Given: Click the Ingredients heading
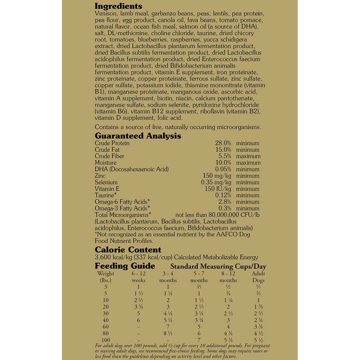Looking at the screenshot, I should pos(118,6).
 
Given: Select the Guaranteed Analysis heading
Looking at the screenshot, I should pos(138,136).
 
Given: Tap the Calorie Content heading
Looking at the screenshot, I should pos(128,250).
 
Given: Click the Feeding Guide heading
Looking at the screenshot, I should pos(125,266).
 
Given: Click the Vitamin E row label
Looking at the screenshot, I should pos(107,189).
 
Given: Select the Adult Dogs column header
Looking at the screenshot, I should pos(258,277).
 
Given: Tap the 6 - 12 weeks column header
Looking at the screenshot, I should pos(139,277).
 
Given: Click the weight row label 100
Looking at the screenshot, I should pos(106,340).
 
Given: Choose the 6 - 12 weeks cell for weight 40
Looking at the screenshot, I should pos(139,320).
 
